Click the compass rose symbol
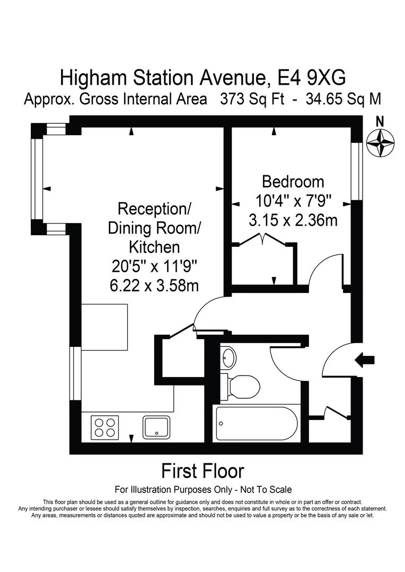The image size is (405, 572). point(380,144)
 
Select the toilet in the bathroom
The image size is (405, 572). point(243,386)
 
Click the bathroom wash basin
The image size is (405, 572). point(229,358)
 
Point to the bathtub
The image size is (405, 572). point(257,423)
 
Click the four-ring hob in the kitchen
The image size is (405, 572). point(104,427)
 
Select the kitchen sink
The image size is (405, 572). point(156,427)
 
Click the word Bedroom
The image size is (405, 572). point(293,182)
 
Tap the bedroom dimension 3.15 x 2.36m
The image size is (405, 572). point(293,220)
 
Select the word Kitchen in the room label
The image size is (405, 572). point(154,247)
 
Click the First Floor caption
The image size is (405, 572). point(202,470)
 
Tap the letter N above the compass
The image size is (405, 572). point(380,121)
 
